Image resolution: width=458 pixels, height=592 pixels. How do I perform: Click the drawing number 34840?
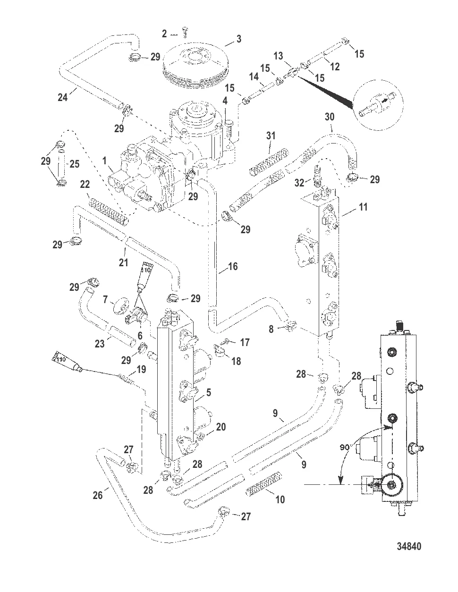click(x=408, y=546)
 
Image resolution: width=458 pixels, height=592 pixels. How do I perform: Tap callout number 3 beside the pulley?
click(x=239, y=39)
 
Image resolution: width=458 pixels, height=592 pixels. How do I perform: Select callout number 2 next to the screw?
click(x=164, y=34)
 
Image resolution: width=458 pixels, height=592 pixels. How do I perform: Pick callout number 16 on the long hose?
click(x=232, y=267)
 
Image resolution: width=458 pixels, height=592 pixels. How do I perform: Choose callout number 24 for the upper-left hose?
click(x=62, y=97)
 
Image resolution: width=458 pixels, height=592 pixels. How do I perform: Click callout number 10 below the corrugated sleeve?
click(x=280, y=499)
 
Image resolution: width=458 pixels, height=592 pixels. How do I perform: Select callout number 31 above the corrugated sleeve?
click(x=270, y=135)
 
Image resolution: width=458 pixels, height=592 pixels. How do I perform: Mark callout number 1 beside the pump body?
click(x=105, y=161)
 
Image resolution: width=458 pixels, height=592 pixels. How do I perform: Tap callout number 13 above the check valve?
click(x=278, y=56)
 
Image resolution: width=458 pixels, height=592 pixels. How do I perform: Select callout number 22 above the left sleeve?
click(x=85, y=184)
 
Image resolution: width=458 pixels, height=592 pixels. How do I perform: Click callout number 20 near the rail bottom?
click(x=221, y=427)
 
